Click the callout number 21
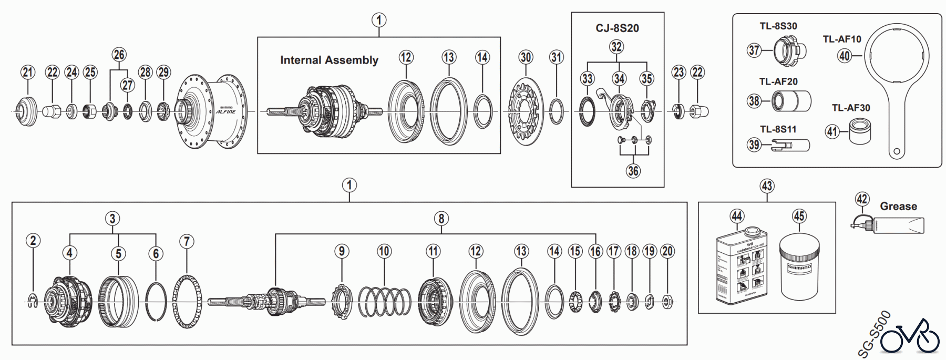click(x=27, y=72)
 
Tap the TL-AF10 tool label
click(x=841, y=39)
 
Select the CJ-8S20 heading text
click(x=617, y=28)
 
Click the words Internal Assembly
click(x=329, y=60)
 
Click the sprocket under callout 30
click(x=526, y=111)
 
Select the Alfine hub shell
click(x=210, y=111)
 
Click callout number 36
click(x=633, y=170)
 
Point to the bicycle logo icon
click(x=910, y=336)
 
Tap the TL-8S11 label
click(x=778, y=129)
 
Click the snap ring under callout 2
click(x=32, y=301)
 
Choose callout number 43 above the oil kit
click(x=767, y=186)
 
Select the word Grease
click(x=898, y=207)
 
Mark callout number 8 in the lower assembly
click(x=441, y=219)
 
